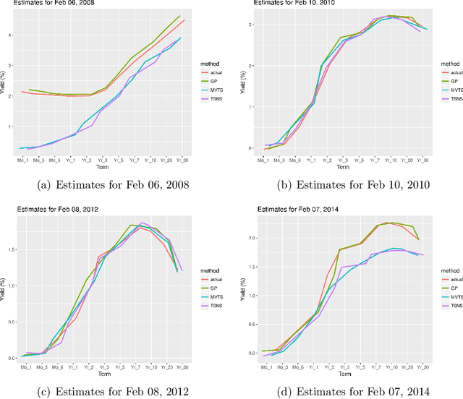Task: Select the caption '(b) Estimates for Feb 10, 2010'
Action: click(x=349, y=185)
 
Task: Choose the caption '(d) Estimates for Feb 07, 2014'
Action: click(x=349, y=391)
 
